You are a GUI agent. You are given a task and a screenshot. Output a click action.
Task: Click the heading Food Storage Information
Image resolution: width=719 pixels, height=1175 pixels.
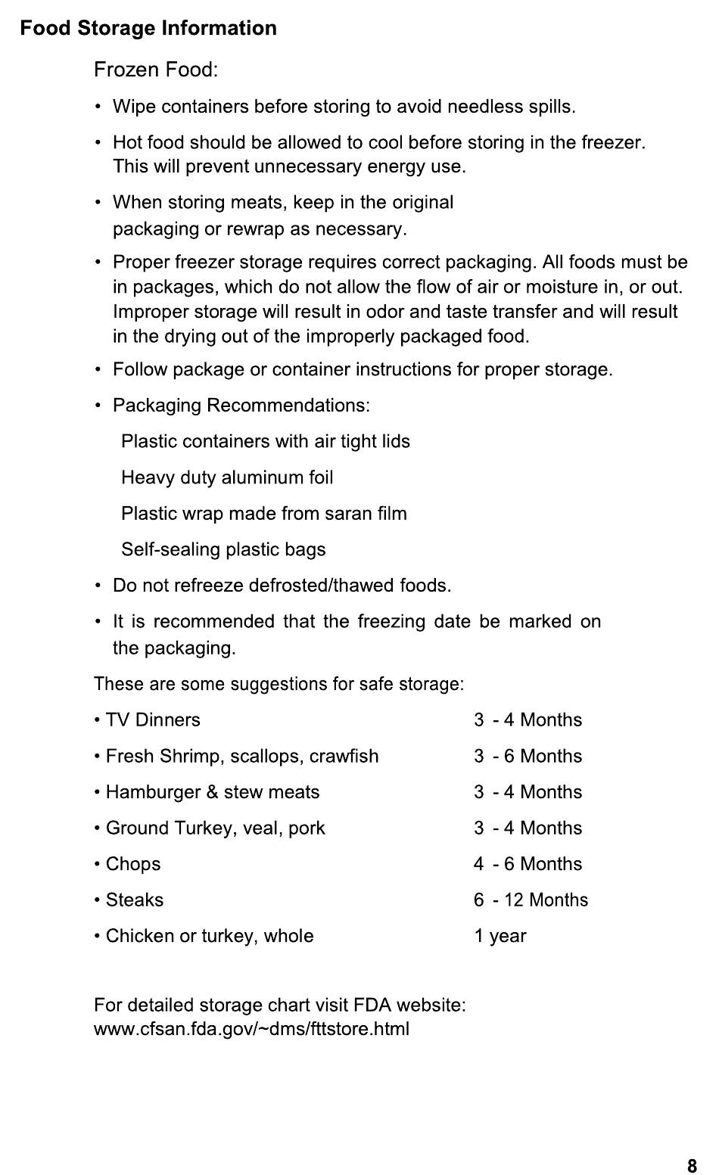[148, 29]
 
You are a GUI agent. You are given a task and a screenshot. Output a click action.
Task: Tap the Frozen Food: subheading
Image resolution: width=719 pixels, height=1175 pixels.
[156, 70]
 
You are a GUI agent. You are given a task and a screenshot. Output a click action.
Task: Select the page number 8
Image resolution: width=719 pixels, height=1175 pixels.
[692, 1166]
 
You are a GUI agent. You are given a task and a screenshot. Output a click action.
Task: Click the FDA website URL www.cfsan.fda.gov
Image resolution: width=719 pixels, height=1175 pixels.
[251, 1029]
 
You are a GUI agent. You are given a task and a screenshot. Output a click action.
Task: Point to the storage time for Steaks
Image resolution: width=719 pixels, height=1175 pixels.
[531, 900]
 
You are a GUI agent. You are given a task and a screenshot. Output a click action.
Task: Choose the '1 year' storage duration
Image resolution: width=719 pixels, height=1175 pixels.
[500, 936]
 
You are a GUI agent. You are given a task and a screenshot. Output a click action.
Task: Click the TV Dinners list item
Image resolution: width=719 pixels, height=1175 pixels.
[153, 720]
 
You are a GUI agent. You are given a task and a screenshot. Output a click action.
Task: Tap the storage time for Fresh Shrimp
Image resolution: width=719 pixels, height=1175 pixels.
[528, 756]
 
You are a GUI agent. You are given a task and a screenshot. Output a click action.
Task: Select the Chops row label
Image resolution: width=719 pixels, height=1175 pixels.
[133, 864]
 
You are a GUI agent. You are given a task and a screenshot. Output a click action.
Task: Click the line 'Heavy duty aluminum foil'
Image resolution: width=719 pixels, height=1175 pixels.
[227, 477]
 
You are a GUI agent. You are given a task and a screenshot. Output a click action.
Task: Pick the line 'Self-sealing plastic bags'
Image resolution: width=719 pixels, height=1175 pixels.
[223, 549]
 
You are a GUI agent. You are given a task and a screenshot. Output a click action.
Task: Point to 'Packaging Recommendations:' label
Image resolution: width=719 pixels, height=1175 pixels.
[241, 406]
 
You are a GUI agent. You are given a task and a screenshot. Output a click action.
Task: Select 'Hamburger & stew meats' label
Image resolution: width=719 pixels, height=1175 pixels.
[213, 792]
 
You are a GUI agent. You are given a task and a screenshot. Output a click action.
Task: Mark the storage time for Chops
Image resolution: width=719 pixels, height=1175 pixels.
[528, 864]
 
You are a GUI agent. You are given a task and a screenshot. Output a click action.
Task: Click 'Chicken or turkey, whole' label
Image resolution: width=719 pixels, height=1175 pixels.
[210, 936]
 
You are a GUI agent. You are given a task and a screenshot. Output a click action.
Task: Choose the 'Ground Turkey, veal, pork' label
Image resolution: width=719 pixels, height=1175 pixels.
[215, 828]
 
